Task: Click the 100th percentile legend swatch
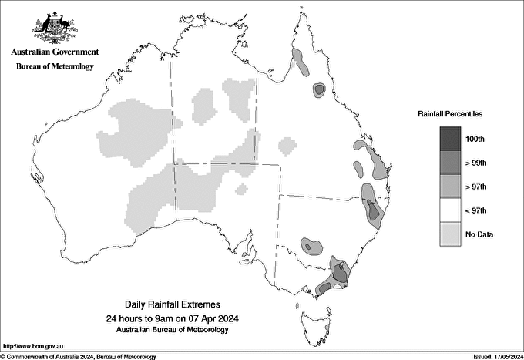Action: point(451,139)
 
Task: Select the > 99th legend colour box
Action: point(451,163)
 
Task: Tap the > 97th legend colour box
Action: point(451,187)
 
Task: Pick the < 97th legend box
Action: point(451,210)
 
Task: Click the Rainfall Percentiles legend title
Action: point(450,114)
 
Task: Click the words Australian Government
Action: point(55,52)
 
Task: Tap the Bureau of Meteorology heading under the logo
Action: point(55,66)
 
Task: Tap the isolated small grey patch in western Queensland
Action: point(287,145)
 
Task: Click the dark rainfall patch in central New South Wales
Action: point(311,246)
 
